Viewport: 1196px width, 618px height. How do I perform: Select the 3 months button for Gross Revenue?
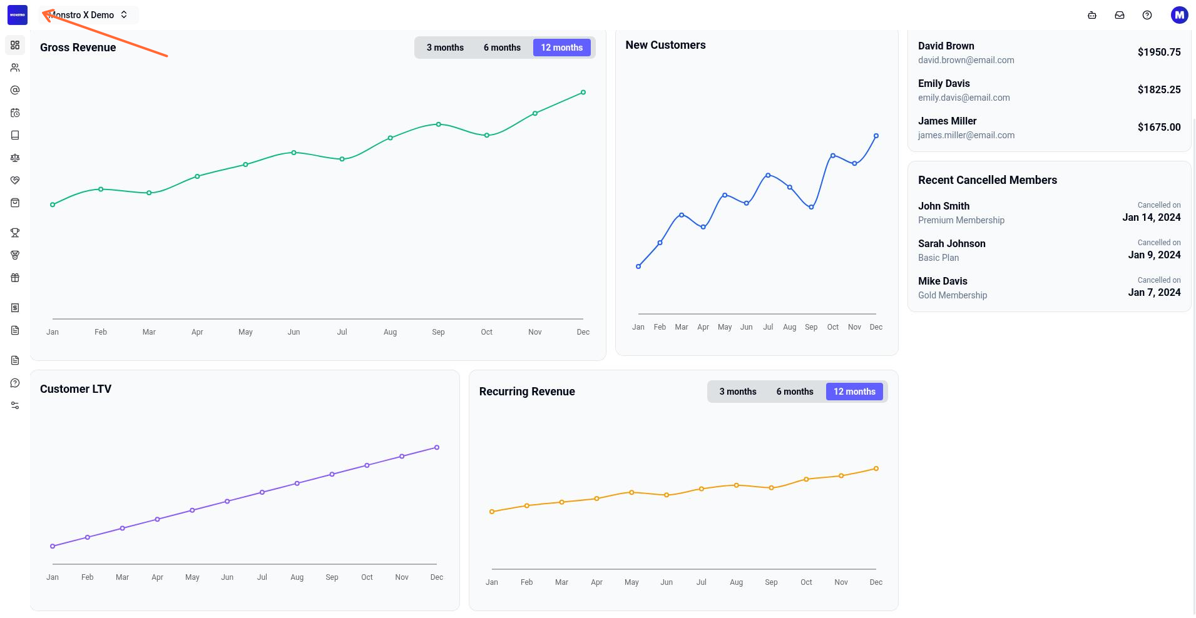[445, 48]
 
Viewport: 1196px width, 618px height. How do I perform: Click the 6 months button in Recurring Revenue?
[795, 392]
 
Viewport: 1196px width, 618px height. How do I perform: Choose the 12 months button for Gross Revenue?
[562, 48]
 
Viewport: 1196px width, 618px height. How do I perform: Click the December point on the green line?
[583, 93]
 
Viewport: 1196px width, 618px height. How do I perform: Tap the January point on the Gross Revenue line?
[53, 205]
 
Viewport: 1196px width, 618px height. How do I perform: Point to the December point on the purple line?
[437, 448]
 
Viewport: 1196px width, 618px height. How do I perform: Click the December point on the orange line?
[876, 469]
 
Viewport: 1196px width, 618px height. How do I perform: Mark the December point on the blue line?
[876, 136]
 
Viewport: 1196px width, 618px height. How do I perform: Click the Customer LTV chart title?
[76, 389]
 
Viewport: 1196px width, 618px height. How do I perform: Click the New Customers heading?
[665, 45]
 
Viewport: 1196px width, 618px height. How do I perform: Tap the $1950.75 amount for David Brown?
[1159, 52]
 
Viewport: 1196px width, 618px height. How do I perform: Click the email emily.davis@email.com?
[964, 98]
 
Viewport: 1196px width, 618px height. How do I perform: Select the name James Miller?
[947, 121]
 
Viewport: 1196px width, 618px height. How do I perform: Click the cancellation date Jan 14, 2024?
[1152, 218]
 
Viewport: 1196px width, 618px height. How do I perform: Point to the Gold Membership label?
[953, 295]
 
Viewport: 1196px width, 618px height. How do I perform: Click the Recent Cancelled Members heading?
[988, 180]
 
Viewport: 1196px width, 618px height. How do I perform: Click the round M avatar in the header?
[1179, 15]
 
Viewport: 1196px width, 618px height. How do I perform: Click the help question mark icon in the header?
[1147, 15]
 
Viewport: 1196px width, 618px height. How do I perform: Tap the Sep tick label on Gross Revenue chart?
[438, 332]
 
